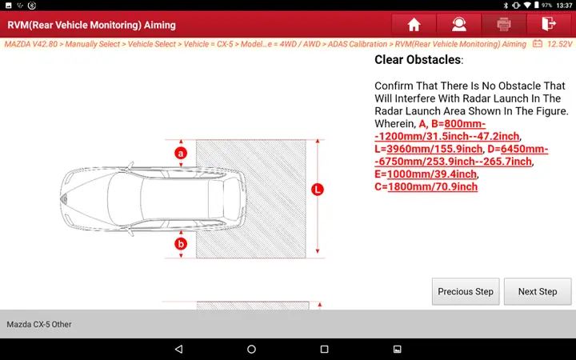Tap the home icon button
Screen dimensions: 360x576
(414, 24)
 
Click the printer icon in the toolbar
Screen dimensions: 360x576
(503, 24)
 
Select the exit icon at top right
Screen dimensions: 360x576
(548, 24)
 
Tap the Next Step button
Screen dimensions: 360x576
(537, 291)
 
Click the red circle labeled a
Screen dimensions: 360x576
(181, 152)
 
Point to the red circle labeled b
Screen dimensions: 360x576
(181, 243)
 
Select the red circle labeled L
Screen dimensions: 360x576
(317, 190)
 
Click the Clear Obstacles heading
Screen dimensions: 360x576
(418, 60)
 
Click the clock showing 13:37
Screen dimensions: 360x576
(564, 5)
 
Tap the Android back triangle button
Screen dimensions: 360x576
(178, 350)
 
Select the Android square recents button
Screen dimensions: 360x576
(324, 350)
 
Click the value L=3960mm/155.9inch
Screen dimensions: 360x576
(429, 149)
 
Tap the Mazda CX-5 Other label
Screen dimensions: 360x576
(40, 324)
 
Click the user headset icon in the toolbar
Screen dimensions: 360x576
(458, 24)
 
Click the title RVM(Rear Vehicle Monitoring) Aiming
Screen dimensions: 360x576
(91, 25)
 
